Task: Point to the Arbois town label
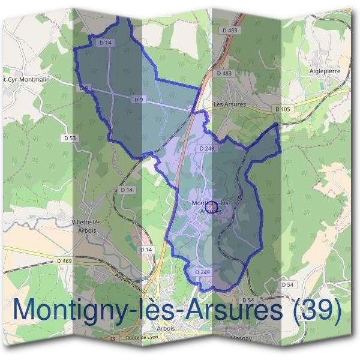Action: point(165,329)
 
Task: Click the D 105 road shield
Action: point(282,109)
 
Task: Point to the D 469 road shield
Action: point(64,260)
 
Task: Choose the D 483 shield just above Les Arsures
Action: point(223,73)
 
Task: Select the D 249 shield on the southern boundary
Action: point(202,272)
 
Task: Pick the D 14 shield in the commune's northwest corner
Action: point(106,43)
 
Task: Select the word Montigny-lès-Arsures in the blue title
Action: point(147,310)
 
